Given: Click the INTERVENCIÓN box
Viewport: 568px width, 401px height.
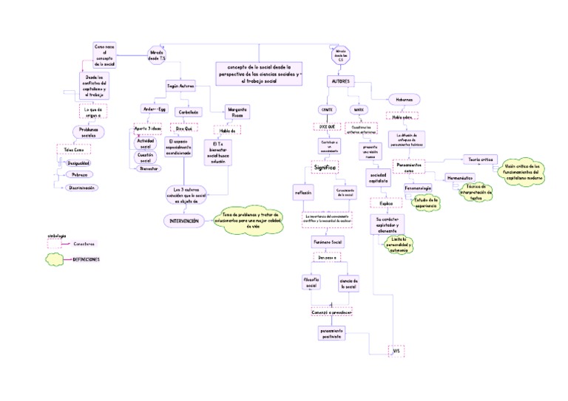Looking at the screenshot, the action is (184, 220).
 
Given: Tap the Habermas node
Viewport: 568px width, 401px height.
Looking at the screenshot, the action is (403, 100).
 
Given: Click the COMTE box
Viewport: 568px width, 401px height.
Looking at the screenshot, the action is (327, 109).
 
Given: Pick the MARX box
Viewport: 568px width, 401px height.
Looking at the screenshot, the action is (359, 109).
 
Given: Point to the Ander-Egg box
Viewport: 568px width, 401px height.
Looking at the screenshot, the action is (155, 109).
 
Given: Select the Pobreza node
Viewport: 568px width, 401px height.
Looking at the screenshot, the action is (79, 174).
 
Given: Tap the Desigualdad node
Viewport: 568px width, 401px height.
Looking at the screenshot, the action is (79, 162).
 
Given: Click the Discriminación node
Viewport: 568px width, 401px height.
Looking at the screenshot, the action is (81, 188).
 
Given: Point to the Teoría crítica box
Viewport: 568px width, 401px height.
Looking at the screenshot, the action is (480, 159).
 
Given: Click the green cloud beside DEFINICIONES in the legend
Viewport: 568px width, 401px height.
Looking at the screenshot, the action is (56, 259).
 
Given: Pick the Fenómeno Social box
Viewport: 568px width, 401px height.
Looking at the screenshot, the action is (326, 242).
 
